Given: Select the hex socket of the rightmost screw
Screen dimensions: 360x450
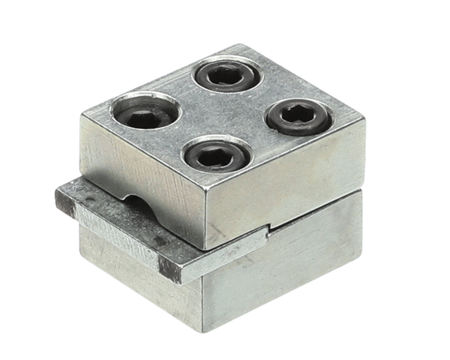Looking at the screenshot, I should click(x=298, y=117).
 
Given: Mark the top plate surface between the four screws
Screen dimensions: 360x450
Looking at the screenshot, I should click(x=225, y=116).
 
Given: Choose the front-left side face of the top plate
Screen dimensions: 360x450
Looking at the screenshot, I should click(x=142, y=172).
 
